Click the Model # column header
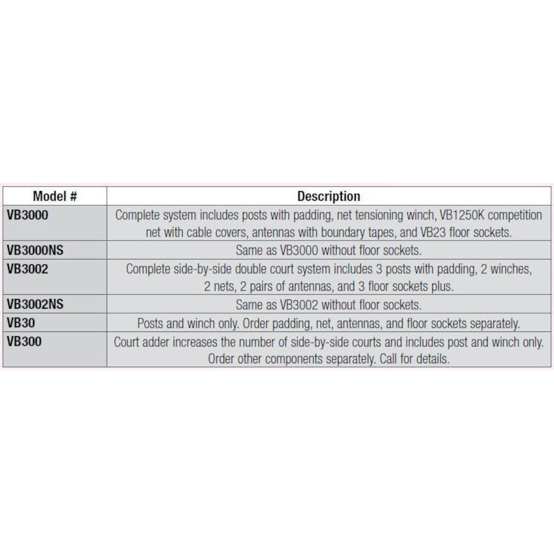(x=55, y=196)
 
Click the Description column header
(x=328, y=196)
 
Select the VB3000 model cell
(x=28, y=215)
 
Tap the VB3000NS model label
(x=35, y=250)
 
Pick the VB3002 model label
(x=28, y=269)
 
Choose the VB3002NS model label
(x=35, y=304)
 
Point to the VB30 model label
(x=21, y=323)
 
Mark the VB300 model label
(x=24, y=342)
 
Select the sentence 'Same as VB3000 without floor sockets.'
(x=328, y=251)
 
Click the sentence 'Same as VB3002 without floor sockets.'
(x=328, y=305)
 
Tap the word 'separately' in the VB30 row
(x=493, y=324)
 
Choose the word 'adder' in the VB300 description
(x=162, y=342)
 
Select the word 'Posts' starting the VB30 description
(x=150, y=324)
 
